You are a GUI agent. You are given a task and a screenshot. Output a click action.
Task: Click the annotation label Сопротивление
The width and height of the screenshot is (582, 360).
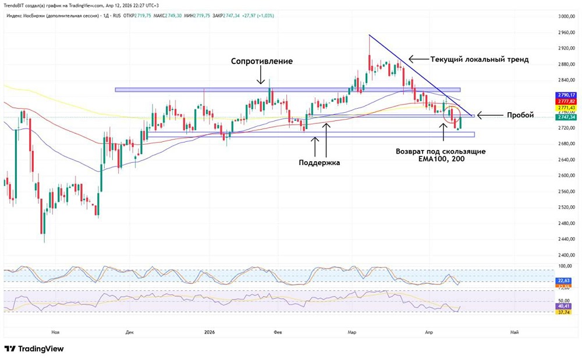pyautogui.click(x=261, y=61)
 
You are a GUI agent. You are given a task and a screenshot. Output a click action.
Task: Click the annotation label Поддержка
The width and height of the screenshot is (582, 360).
pyautogui.click(x=319, y=163)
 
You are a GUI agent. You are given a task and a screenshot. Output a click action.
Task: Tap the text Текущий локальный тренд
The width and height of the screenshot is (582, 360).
pyautogui.click(x=479, y=59)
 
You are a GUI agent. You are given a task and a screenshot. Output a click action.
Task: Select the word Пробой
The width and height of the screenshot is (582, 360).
pyautogui.click(x=520, y=115)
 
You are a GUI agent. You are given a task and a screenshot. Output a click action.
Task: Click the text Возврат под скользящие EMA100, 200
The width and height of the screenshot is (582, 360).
pyautogui.click(x=441, y=155)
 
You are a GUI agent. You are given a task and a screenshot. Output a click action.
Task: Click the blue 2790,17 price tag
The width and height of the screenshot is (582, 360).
pyautogui.click(x=566, y=95)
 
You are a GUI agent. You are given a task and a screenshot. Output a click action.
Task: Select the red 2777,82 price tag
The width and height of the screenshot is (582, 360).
pyautogui.click(x=566, y=101)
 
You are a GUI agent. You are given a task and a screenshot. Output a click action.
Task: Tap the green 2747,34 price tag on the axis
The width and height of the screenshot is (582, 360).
pyautogui.click(x=566, y=117)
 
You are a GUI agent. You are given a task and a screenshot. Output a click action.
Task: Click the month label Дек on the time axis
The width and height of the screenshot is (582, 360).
pyautogui.click(x=129, y=332)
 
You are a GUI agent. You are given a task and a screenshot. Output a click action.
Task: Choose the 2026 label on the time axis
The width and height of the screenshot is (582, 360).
pyautogui.click(x=210, y=332)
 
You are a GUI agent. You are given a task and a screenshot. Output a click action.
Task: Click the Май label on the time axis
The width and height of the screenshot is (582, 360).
pyautogui.click(x=514, y=332)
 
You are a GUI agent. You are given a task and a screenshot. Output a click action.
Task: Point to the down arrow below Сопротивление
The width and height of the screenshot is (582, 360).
pyautogui.click(x=261, y=76)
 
